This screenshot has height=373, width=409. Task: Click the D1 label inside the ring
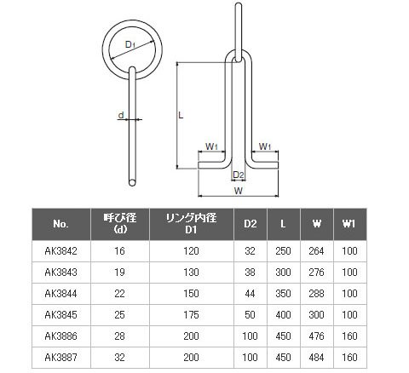[130, 45]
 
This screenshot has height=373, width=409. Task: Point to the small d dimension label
[121, 115]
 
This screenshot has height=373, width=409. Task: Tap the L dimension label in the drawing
[181, 115]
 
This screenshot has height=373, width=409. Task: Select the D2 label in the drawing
[239, 175]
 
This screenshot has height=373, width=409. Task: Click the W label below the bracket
[239, 191]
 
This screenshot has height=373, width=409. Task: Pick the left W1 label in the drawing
[211, 146]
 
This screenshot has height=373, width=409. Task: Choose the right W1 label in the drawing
[265, 146]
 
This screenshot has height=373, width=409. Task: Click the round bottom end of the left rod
[132, 182]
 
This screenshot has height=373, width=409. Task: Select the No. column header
[60, 224]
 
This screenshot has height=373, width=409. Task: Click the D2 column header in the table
[250, 224]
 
